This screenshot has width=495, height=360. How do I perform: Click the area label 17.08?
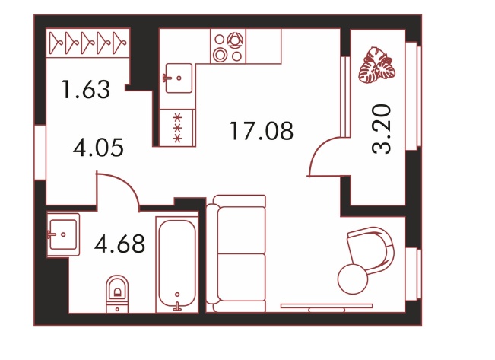pos(262,131)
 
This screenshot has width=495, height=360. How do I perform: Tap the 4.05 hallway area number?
pos(98,148)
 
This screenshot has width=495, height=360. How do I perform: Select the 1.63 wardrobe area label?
pos(86,90)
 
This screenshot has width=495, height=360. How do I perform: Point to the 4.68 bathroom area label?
pos(119,244)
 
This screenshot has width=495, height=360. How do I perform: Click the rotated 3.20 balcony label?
pos(382,129)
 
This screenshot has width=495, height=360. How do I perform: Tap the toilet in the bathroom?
pos(117,294)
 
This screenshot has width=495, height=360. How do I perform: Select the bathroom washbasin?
pos(63,234)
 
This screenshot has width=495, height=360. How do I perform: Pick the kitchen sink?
pos(179,78)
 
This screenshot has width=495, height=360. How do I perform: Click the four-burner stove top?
pos(228,46)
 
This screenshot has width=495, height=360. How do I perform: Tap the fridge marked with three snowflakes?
pos(177,128)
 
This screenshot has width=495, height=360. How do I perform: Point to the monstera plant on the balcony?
pos(376,65)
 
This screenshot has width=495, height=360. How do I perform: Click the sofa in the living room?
pos(236,253)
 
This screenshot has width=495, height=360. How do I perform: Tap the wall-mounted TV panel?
pos(326,307)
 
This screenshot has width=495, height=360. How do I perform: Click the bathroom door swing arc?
pos(125,183)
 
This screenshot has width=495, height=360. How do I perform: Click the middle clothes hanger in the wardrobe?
pos(87,43)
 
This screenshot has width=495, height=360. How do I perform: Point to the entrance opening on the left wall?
pos(40,152)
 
